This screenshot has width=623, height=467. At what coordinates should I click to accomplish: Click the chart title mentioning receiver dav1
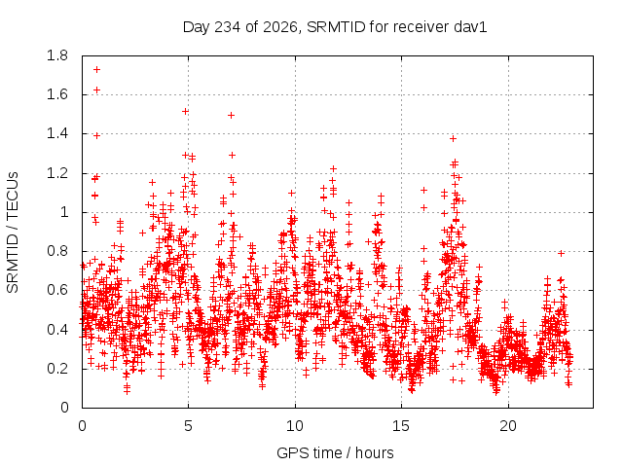click(335, 27)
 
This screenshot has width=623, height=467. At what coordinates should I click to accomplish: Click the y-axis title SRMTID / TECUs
click(13, 233)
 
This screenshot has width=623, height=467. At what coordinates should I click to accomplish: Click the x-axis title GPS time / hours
click(335, 452)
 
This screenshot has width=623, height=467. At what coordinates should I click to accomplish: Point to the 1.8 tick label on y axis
click(57, 55)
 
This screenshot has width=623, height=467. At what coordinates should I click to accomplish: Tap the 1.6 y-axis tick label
click(57, 94)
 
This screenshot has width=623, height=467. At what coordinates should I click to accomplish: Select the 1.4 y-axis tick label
click(57, 134)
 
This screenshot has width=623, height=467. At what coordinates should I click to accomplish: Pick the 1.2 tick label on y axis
click(57, 173)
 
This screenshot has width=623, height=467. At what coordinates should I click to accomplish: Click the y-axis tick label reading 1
click(64, 212)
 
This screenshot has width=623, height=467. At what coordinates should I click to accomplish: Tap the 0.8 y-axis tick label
click(57, 251)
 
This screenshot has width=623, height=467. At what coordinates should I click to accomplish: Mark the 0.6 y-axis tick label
click(57, 290)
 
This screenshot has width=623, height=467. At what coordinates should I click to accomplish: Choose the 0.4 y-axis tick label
click(57, 330)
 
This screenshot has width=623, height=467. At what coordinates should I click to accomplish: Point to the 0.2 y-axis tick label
click(57, 369)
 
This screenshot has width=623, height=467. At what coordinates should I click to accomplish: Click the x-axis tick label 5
click(188, 426)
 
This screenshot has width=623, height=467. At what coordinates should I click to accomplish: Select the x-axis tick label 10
click(295, 426)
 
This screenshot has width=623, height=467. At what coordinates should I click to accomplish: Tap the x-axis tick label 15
click(401, 426)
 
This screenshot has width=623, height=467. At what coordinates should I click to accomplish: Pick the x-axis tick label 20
click(508, 426)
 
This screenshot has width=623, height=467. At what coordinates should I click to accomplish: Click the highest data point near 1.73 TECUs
click(96, 69)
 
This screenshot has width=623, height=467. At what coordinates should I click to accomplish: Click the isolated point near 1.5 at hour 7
click(231, 115)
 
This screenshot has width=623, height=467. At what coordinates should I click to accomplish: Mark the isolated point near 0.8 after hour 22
click(561, 253)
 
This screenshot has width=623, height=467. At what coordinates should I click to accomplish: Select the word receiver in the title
click(421, 27)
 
